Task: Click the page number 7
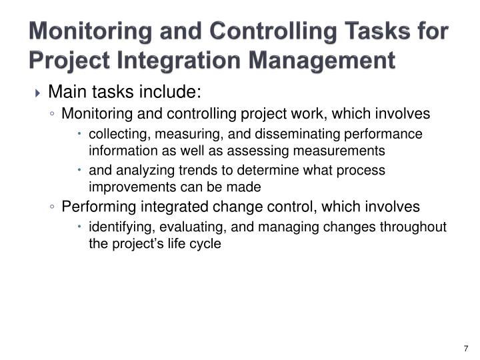coord(465,348)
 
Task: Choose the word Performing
coord(96,207)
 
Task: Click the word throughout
coord(415,227)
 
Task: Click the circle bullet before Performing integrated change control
coord(52,207)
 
